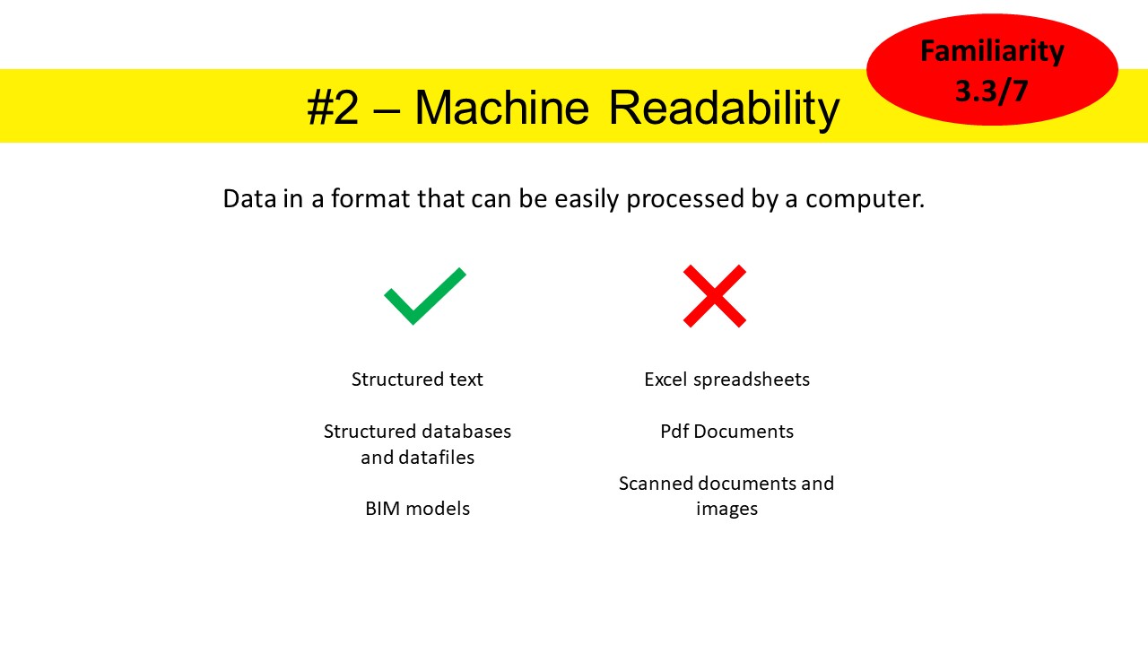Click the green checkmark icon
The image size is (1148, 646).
click(x=425, y=296)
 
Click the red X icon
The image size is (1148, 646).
click(x=715, y=296)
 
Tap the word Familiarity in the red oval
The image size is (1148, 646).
click(x=992, y=51)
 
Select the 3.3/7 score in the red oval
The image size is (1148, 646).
click(x=992, y=92)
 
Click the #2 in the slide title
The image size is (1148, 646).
click(x=333, y=108)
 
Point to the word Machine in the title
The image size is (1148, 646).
click(x=501, y=107)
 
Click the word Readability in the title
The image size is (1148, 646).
click(x=724, y=109)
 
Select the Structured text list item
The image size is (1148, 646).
click(x=417, y=380)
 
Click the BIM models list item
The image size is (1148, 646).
click(x=417, y=509)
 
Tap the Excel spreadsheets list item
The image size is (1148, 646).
click(x=726, y=380)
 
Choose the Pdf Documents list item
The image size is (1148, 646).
click(x=726, y=432)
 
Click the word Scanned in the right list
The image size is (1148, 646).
click(x=656, y=483)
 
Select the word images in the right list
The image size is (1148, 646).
click(x=726, y=509)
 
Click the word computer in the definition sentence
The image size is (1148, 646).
click(x=865, y=199)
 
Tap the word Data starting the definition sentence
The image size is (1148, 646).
click(x=249, y=198)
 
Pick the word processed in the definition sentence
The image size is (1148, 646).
click(x=685, y=199)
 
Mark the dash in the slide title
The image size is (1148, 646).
click(x=387, y=109)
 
